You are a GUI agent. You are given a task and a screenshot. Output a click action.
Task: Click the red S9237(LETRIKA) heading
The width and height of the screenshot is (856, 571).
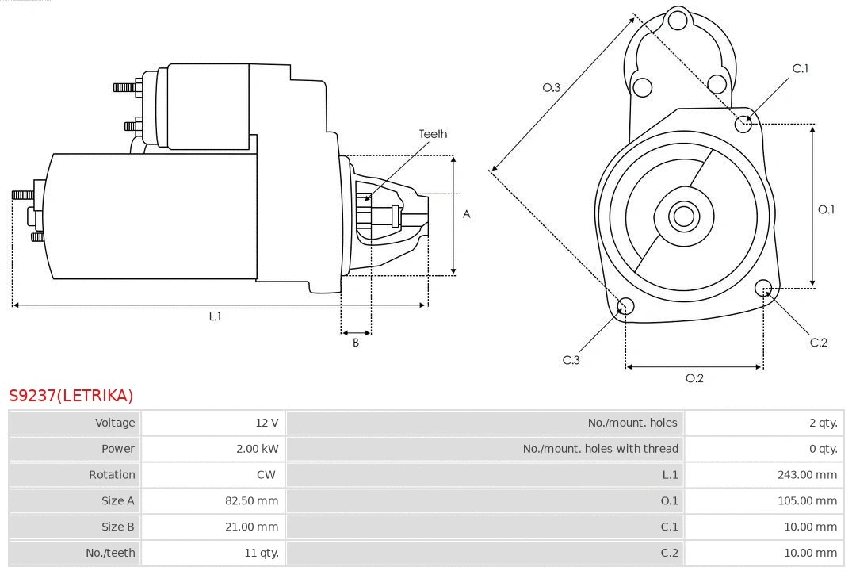coord(71,396)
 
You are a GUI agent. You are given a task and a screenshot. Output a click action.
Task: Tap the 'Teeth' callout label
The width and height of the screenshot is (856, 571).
coord(433,134)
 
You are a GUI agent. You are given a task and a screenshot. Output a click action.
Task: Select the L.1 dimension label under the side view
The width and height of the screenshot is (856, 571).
coord(215,316)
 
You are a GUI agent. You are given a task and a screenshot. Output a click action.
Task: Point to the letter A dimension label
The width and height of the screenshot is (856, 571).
coord(467,214)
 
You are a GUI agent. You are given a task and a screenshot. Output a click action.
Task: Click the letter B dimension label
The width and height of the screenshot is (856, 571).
coord(356,343)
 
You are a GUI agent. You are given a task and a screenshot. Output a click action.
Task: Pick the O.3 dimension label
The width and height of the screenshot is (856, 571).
coord(552,87)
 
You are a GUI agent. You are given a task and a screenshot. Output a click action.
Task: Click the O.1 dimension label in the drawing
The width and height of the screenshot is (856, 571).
coord(827,209)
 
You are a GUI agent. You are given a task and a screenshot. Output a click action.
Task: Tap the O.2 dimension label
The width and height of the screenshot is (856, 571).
coord(694,378)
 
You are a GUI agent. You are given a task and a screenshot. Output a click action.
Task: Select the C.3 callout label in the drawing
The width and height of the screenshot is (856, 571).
coord(571,360)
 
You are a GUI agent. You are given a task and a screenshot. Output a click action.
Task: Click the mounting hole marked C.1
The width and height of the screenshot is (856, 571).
coord(743,124)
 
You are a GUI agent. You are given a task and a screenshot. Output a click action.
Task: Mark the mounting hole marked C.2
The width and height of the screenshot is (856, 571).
coord(763,287)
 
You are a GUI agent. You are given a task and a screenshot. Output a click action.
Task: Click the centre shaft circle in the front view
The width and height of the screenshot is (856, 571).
coord(682,216)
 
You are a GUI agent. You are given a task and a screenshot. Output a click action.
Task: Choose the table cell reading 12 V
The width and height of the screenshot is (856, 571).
coord(268,423)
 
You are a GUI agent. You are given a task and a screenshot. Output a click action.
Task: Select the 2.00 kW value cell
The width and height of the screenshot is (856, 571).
coord(258,449)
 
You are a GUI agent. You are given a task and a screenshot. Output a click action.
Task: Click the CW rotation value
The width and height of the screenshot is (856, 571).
coord(266,475)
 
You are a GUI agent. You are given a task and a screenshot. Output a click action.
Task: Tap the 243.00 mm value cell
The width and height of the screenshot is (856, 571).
coord(807,475)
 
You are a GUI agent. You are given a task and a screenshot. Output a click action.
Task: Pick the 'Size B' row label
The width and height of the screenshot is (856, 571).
coord(118,527)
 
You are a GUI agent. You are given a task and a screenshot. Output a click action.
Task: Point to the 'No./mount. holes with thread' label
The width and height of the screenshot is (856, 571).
coord(600,449)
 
